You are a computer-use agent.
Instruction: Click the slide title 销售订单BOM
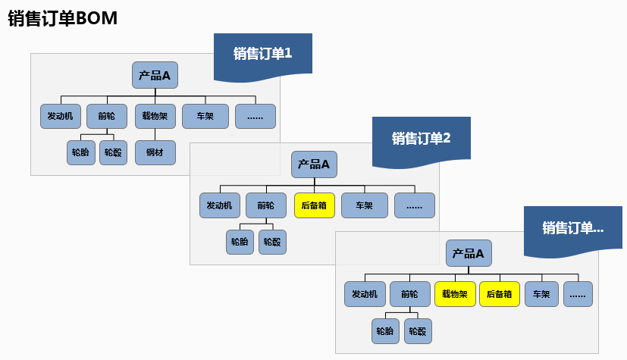pos(62,18)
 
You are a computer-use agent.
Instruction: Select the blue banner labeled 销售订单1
pos(262,54)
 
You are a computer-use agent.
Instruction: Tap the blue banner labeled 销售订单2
pos(421,138)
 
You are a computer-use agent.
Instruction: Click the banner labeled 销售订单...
pos(572,227)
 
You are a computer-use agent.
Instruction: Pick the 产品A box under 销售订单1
pos(155,75)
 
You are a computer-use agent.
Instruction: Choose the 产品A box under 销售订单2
pos(314,164)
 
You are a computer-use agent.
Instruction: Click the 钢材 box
pos(155,152)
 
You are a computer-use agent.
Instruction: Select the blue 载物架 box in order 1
pos(155,116)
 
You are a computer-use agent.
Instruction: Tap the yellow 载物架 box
pos(455,294)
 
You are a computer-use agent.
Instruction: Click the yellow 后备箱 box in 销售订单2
pos(314,205)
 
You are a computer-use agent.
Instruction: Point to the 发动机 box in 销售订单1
pos(60,116)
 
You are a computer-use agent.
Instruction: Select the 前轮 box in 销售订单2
pos(265,205)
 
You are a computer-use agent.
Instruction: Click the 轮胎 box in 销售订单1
pos(80,152)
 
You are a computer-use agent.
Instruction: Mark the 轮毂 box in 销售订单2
pos(272,242)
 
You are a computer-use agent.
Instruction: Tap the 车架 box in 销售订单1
pos(205,116)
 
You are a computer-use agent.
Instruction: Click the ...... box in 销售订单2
pos(414,205)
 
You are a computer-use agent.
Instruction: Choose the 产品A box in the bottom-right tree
pos(468,253)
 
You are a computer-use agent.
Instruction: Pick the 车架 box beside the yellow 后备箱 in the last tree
pos(541,294)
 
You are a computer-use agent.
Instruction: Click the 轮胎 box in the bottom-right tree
pos(385,330)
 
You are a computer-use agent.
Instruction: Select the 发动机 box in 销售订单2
pos(220,205)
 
